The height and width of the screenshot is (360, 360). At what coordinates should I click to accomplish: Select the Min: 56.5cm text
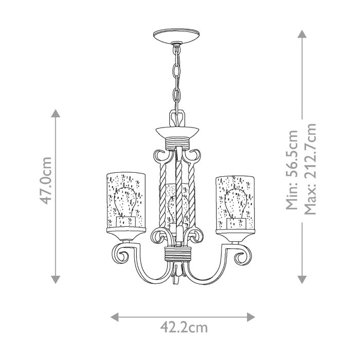click(292, 170)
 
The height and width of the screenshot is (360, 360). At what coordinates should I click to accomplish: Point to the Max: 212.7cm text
click(310, 170)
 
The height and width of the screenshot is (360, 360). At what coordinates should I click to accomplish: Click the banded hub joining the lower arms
click(177, 254)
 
